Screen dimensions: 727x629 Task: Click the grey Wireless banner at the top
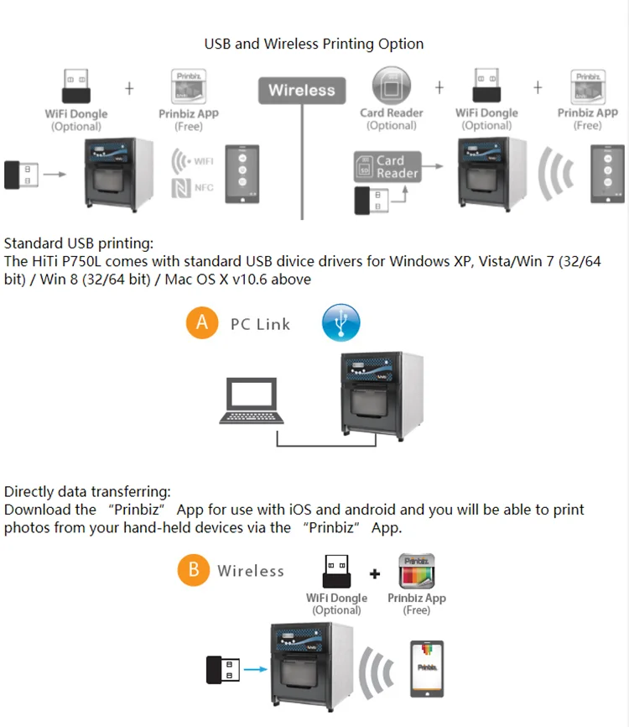tap(301, 90)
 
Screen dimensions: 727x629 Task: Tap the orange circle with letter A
tap(201, 322)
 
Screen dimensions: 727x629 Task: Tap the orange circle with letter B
tap(194, 570)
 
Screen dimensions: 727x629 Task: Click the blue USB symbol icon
tap(341, 323)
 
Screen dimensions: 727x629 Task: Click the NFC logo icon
tap(180, 187)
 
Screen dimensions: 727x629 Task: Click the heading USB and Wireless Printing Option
tap(314, 44)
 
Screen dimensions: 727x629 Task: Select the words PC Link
tap(260, 324)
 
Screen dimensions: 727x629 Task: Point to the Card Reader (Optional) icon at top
tap(391, 87)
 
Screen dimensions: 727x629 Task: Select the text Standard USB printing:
tap(79, 244)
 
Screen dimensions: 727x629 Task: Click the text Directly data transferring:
tap(87, 491)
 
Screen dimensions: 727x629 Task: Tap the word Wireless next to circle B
tap(251, 571)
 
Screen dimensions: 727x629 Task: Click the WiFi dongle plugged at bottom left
tap(225, 670)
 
